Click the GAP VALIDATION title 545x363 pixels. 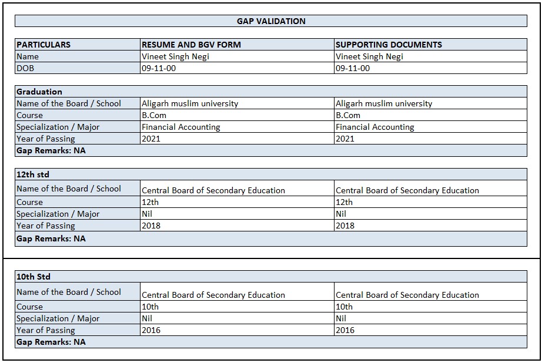(x=271, y=21)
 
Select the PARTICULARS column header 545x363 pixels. (x=44, y=45)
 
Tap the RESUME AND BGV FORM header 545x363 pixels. (x=191, y=45)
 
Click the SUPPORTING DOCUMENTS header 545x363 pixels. (x=389, y=45)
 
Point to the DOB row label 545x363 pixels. (x=26, y=68)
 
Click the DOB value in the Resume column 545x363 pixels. (x=159, y=68)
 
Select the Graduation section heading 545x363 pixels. (x=39, y=92)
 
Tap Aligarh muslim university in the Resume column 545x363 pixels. (x=190, y=103)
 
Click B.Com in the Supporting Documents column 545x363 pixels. (x=348, y=115)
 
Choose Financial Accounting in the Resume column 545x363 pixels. (x=181, y=127)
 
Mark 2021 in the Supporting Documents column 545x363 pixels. (x=345, y=139)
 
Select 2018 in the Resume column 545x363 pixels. (x=151, y=226)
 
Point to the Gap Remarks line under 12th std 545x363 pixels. (x=51, y=238)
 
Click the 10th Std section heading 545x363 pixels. (x=34, y=277)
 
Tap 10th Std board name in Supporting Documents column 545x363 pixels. (x=407, y=295)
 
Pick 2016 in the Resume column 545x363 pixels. (x=151, y=330)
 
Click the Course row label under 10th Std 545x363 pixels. (x=30, y=307)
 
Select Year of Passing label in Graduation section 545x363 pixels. (x=46, y=139)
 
